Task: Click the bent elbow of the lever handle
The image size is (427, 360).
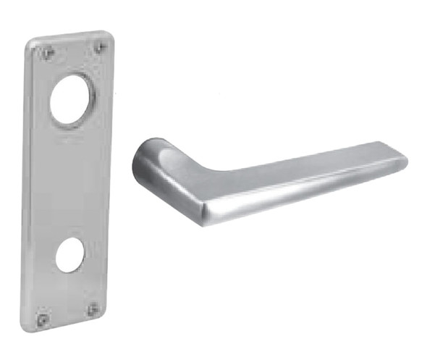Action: click(x=174, y=156)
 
